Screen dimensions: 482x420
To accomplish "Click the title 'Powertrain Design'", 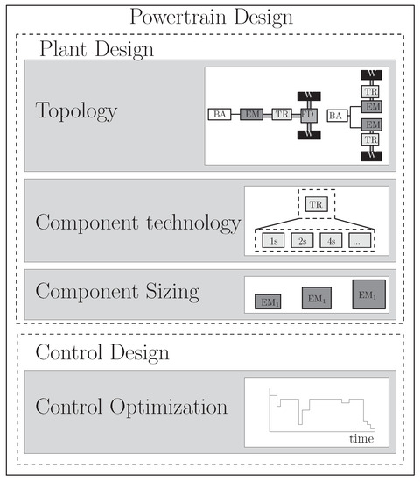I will pyautogui.click(x=210, y=17).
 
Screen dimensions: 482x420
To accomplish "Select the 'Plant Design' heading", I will pyautogui.click(x=95, y=47).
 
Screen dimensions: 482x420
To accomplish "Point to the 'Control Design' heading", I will pyautogui.click(x=103, y=352).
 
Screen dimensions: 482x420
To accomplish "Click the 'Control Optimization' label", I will pyautogui.click(x=131, y=408).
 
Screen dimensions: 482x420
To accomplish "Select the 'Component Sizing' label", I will pyautogui.click(x=117, y=292).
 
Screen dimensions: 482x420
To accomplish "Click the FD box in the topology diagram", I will pyautogui.click(x=307, y=115).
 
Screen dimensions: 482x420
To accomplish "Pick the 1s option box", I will pyautogui.click(x=274, y=240).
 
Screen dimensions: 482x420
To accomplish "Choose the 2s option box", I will pyautogui.click(x=301, y=240).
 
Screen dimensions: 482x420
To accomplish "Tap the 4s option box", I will pyautogui.click(x=329, y=240).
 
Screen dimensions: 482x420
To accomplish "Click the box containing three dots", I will pyautogui.click(x=356, y=240).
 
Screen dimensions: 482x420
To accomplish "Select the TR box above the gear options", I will pyautogui.click(x=315, y=205).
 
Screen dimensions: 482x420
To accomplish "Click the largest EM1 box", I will pyautogui.click(x=367, y=294).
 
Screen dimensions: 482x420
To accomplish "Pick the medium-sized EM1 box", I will pyautogui.click(x=317, y=298).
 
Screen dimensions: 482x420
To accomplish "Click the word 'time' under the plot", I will pyautogui.click(x=361, y=436).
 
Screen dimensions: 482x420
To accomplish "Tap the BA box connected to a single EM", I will pyautogui.click(x=219, y=115).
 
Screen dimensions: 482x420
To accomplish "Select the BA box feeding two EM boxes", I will pyautogui.click(x=336, y=115).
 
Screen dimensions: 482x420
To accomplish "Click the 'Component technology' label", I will pyautogui.click(x=137, y=223).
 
